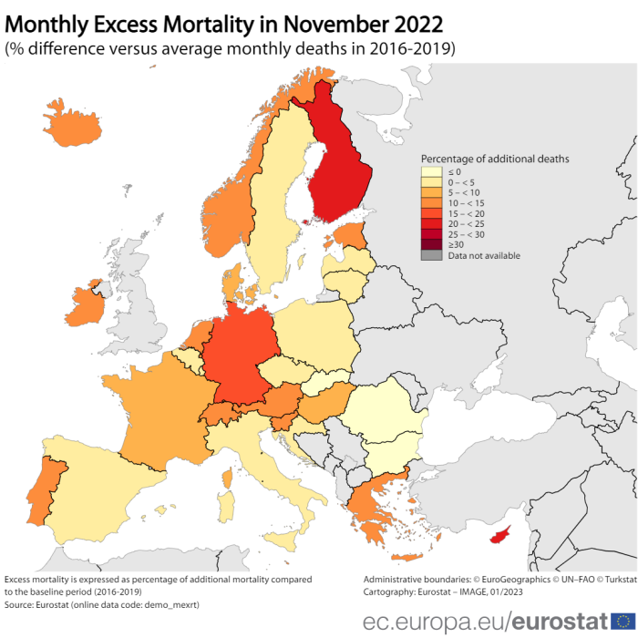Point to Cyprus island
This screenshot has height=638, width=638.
click(499, 536)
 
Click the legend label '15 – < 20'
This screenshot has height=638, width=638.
click(467, 213)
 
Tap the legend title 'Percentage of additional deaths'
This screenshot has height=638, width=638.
click(495, 159)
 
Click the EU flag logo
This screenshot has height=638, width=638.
click(623, 622)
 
